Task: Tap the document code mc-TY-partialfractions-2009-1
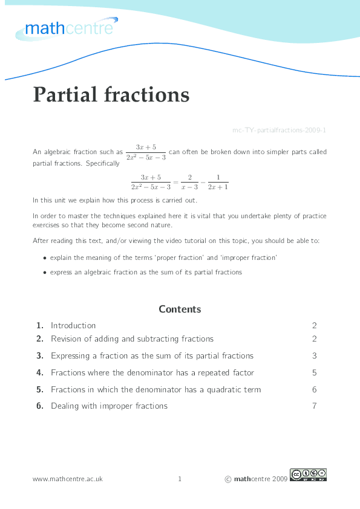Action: point(280,130)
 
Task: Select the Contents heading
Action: point(180,309)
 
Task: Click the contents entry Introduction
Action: point(73,325)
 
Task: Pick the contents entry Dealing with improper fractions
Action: point(109,406)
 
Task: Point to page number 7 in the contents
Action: point(315,406)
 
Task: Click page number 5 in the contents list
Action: point(315,372)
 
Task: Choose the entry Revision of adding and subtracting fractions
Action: point(132,339)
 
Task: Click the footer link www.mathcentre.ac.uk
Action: point(68,479)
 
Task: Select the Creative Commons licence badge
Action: point(308,475)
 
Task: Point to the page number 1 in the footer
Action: point(180,479)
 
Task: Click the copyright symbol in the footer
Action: point(227,479)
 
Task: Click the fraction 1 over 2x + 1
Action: point(218,181)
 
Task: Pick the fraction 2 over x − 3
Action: point(189,181)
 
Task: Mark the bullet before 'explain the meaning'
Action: point(45,258)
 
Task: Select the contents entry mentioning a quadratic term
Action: point(155,389)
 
